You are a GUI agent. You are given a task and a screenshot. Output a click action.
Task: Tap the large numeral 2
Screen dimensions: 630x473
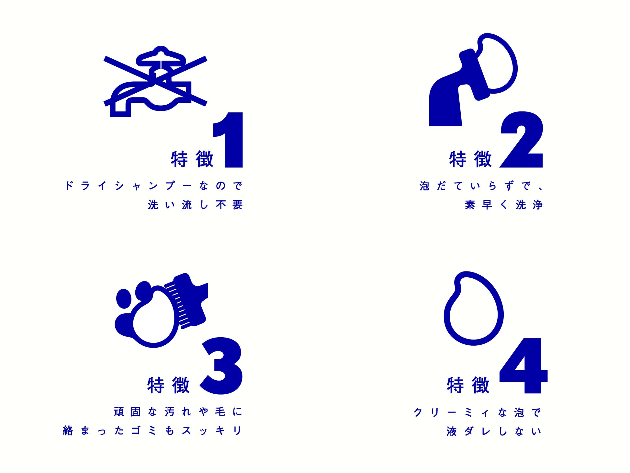pyautogui.click(x=522, y=140)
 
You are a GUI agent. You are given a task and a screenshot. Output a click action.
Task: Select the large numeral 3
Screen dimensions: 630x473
pyautogui.click(x=221, y=366)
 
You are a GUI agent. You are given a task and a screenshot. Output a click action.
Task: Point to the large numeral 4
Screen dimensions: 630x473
pyautogui.click(x=523, y=365)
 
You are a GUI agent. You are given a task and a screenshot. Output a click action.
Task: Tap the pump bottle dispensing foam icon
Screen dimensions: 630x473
pyautogui.click(x=473, y=80)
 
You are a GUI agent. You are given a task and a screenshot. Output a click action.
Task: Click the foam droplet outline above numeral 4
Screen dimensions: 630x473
pyautogui.click(x=473, y=308)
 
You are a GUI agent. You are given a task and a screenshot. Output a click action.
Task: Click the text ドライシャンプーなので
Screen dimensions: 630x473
pyautogui.click(x=154, y=186)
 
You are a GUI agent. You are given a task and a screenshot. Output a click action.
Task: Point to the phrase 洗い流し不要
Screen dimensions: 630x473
pyautogui.click(x=195, y=205)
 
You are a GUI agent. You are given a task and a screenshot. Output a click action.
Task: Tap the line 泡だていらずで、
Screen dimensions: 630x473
pyautogui.click(x=481, y=186)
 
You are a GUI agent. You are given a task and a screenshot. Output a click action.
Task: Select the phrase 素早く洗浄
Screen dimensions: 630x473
pyautogui.click(x=504, y=205)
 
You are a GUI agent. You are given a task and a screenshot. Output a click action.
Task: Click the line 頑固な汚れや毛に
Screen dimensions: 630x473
pyautogui.click(x=178, y=412)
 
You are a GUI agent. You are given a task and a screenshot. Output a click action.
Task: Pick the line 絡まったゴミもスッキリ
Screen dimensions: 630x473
pyautogui.click(x=152, y=431)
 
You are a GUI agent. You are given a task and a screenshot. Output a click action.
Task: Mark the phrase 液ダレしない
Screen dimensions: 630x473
pyautogui.click(x=494, y=431)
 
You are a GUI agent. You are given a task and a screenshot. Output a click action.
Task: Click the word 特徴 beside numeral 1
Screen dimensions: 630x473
pyautogui.click(x=192, y=159)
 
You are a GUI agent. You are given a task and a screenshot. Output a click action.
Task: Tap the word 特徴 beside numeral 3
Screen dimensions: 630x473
pyautogui.click(x=168, y=385)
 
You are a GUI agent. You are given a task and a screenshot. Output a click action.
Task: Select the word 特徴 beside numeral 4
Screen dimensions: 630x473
pyautogui.click(x=468, y=385)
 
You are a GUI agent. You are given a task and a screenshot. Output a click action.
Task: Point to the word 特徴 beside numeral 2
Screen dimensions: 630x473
pyautogui.click(x=470, y=159)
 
